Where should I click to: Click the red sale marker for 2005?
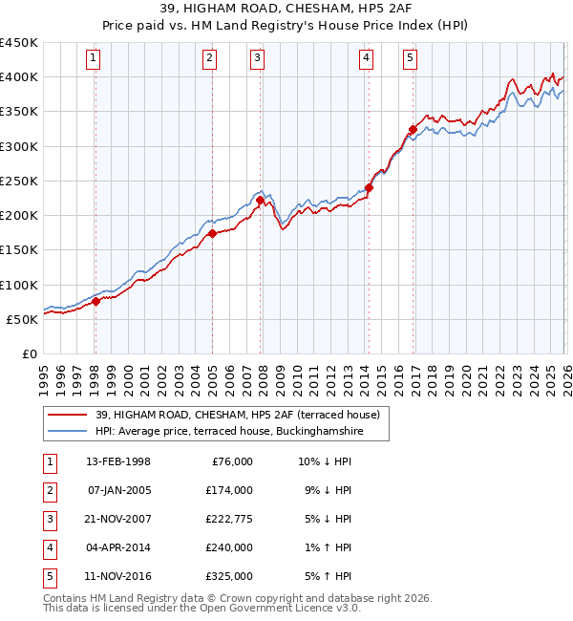(212, 233)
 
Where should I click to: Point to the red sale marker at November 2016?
(412, 129)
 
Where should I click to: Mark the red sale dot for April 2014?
(369, 187)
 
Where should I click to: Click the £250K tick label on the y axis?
(18, 181)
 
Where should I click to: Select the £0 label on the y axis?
(29, 353)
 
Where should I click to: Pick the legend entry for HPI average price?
(229, 432)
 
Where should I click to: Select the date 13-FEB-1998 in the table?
(117, 461)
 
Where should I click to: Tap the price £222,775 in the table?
(228, 519)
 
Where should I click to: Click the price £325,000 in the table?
(228, 576)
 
